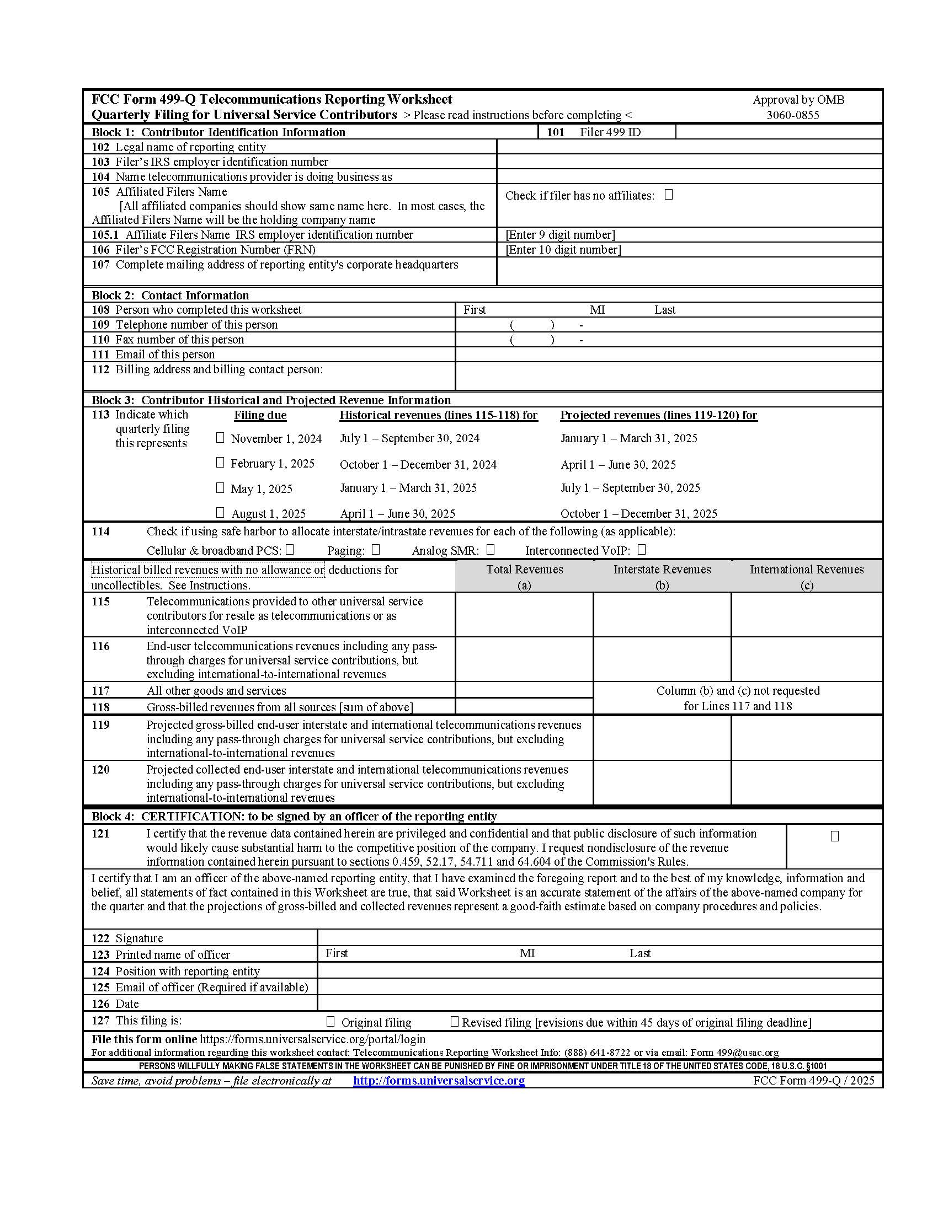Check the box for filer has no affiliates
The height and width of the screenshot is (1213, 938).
(669, 195)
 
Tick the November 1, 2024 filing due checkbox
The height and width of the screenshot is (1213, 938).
(220, 438)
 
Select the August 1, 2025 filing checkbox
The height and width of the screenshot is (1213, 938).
(220, 512)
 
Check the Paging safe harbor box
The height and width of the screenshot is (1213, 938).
(376, 549)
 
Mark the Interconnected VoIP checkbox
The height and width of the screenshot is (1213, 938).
(642, 549)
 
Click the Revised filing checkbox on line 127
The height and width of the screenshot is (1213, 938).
(454, 1021)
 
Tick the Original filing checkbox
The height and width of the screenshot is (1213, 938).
(331, 1021)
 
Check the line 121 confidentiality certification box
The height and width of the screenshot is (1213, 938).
(834, 836)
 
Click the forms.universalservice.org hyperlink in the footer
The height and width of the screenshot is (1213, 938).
(439, 1080)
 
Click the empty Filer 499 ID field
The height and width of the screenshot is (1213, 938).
(778, 132)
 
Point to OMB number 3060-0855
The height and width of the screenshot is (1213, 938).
(792, 115)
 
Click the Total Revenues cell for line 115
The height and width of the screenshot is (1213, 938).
(524, 614)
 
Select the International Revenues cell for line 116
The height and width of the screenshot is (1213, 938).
(806, 659)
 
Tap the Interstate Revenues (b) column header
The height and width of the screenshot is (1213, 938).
(662, 576)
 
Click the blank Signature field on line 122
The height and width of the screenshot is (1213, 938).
(599, 937)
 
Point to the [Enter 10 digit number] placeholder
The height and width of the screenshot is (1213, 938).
(563, 249)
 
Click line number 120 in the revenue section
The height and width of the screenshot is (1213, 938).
(100, 769)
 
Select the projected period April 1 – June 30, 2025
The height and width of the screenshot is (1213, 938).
(618, 464)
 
